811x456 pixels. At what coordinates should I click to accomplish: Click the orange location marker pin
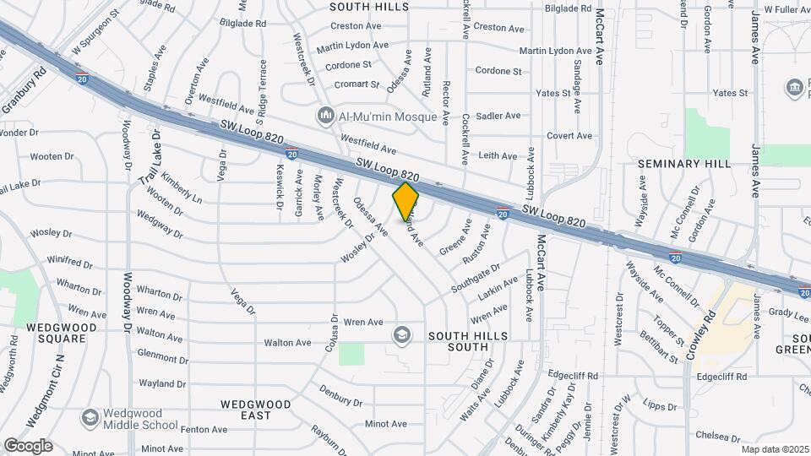[406, 201]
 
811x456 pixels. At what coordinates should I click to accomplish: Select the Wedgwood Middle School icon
[90, 418]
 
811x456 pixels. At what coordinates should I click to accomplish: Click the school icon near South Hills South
[401, 336]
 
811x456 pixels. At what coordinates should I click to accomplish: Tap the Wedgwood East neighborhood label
[256, 410]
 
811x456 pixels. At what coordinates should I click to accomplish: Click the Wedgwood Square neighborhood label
[56, 332]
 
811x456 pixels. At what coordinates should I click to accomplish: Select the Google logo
[28, 445]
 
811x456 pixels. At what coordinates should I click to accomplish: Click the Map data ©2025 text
[775, 449]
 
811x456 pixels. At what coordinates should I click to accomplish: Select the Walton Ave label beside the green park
[288, 343]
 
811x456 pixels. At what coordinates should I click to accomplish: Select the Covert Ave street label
[569, 136]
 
